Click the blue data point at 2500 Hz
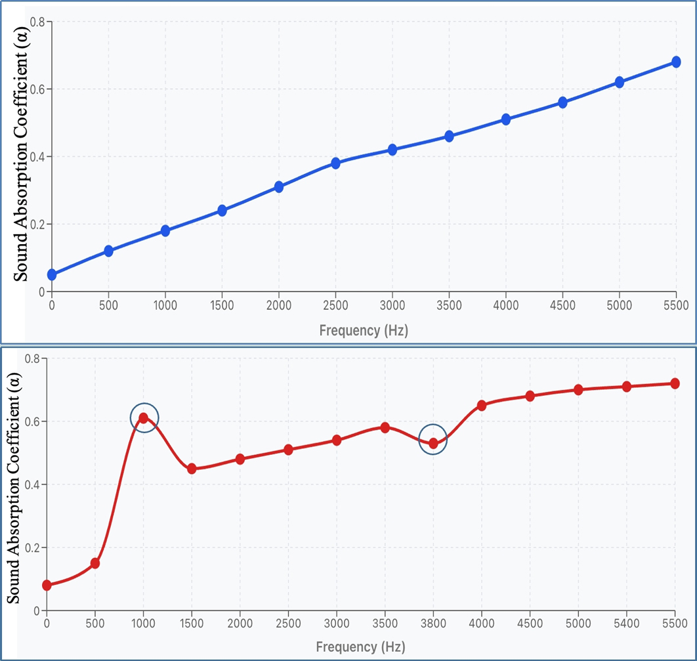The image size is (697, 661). click(335, 163)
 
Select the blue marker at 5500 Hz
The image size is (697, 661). click(676, 62)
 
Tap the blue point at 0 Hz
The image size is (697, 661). click(52, 274)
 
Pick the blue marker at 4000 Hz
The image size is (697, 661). click(506, 119)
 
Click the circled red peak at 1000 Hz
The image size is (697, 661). click(144, 417)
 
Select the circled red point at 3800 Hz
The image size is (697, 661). click(433, 443)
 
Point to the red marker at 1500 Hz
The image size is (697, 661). click(192, 469)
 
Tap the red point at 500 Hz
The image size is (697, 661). click(95, 563)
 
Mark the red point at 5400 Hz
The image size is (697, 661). click(627, 387)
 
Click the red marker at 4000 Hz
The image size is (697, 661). click(482, 405)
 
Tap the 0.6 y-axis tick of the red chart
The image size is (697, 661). click(32, 421)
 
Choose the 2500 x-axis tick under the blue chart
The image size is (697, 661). click(335, 306)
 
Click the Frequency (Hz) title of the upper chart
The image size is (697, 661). click(364, 330)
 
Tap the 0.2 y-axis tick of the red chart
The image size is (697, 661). click(32, 547)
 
